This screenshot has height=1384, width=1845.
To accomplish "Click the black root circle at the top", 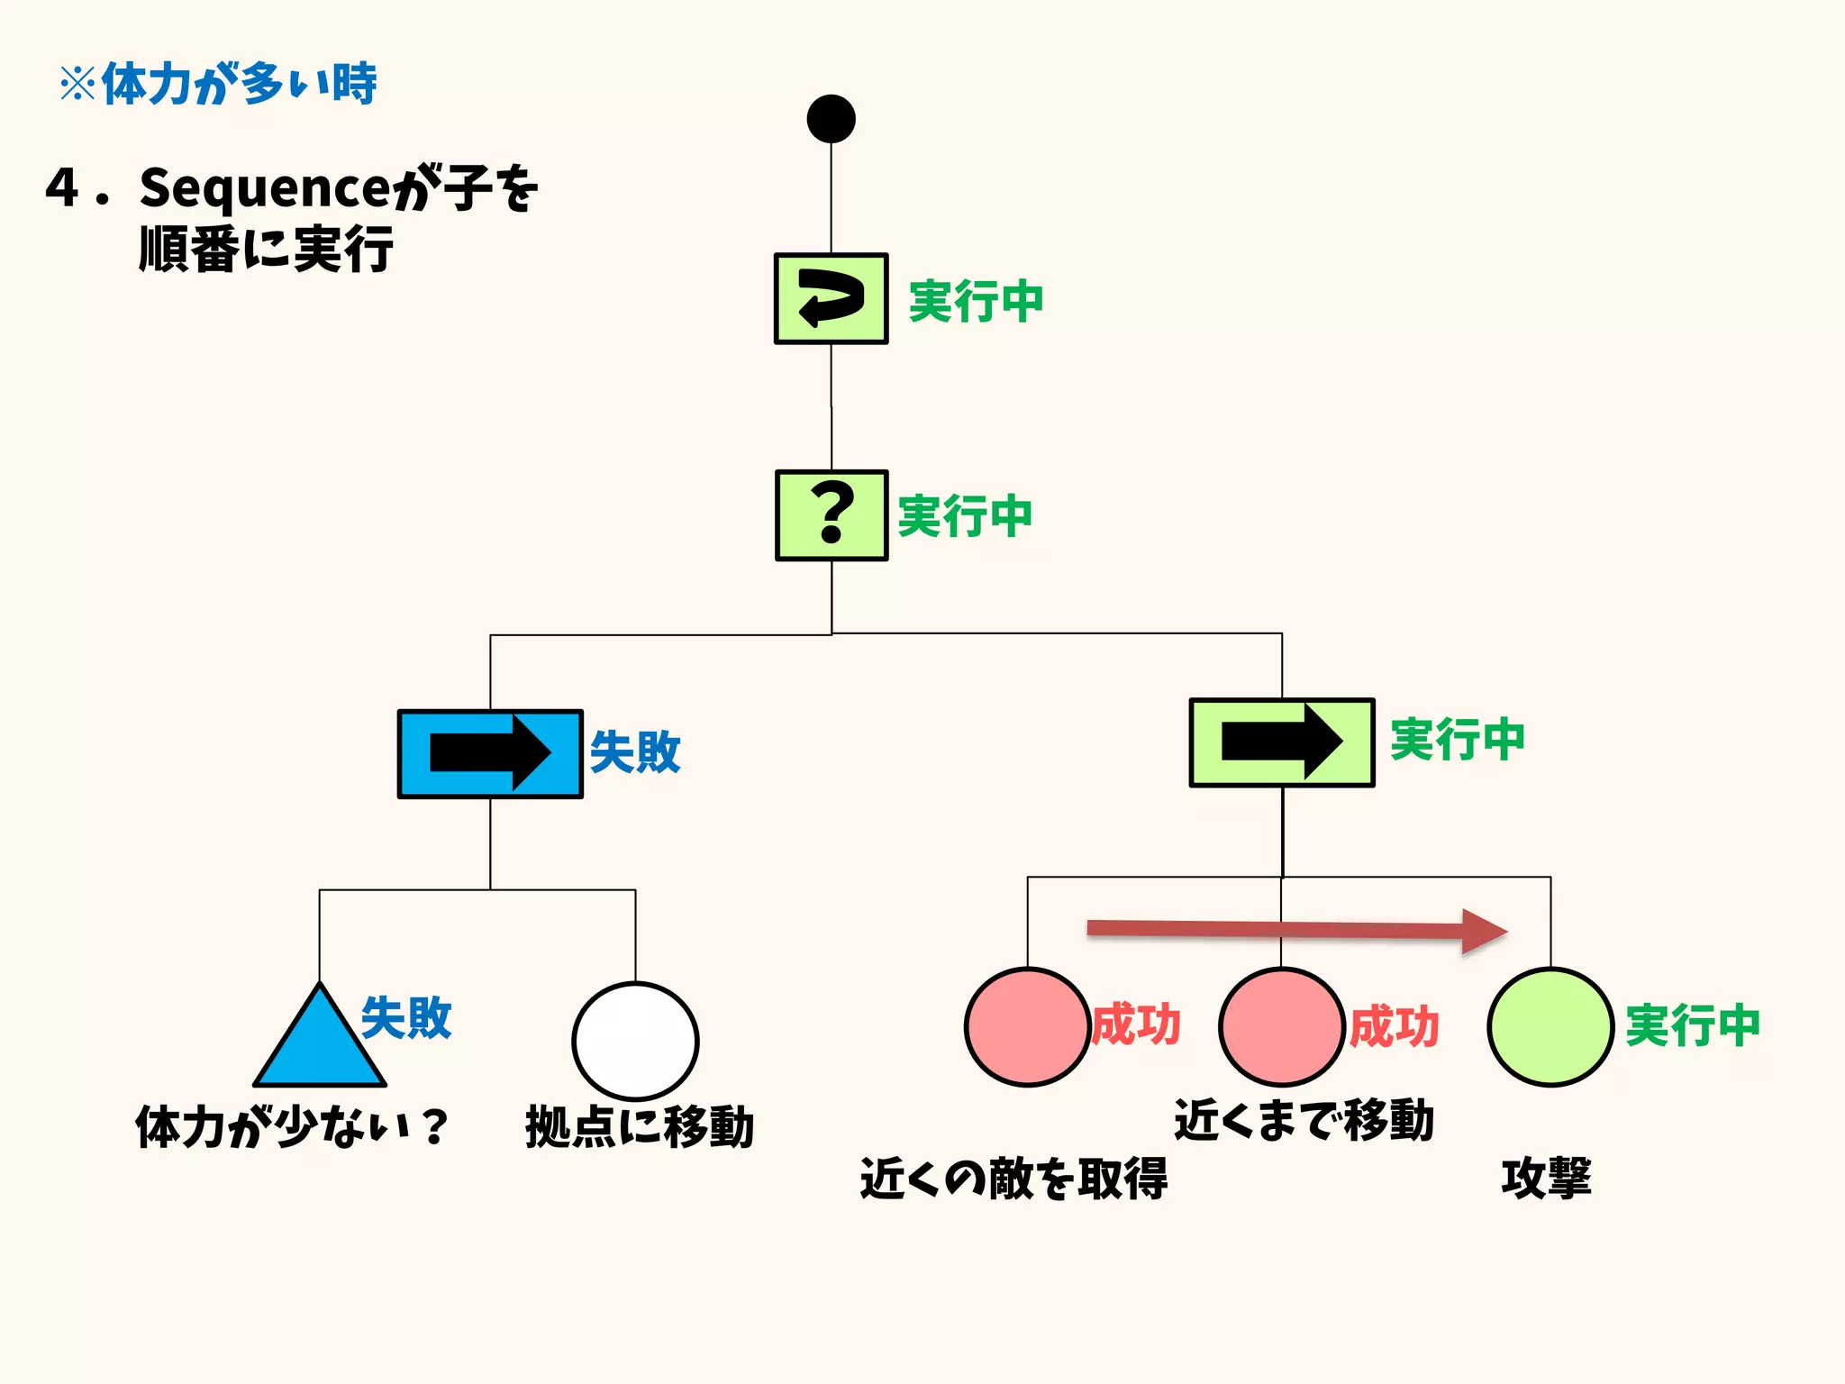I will pyautogui.click(x=831, y=119).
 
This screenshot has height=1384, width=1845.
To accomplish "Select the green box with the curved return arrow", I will pyautogui.click(x=831, y=298).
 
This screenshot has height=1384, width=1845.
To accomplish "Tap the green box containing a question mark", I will pyautogui.click(x=832, y=515).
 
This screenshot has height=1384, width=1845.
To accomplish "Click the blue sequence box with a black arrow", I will pyautogui.click(x=490, y=753).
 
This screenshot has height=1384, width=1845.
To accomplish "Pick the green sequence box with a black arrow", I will pyautogui.click(x=1281, y=742).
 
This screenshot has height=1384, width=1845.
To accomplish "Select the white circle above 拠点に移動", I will pyautogui.click(x=635, y=1041).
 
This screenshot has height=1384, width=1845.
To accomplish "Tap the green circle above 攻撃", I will pyautogui.click(x=1550, y=1026).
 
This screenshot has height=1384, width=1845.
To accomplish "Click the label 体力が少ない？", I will pyautogui.click(x=291, y=1126).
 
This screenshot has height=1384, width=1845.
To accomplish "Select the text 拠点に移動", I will pyautogui.click(x=639, y=1126).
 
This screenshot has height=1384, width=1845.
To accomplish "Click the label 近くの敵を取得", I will pyautogui.click(x=1013, y=1178).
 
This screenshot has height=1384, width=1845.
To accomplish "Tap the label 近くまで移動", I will pyautogui.click(x=1304, y=1120).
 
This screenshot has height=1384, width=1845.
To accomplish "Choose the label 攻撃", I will pyautogui.click(x=1546, y=1178).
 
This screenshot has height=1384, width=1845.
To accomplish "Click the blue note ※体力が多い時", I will pyautogui.click(x=218, y=85).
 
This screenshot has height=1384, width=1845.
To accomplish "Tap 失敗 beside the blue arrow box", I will pyautogui.click(x=635, y=751).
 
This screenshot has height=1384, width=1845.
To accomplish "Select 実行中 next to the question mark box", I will pyautogui.click(x=965, y=516).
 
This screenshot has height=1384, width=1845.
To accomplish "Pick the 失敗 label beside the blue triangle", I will pyautogui.click(x=406, y=1018).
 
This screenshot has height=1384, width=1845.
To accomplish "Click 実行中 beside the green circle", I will pyautogui.click(x=1692, y=1025).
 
